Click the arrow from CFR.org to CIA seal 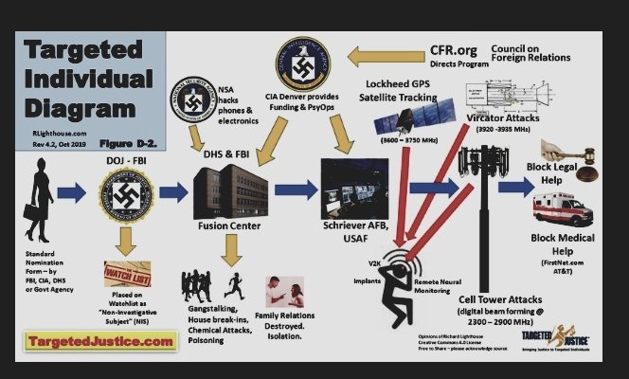point(374,62)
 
